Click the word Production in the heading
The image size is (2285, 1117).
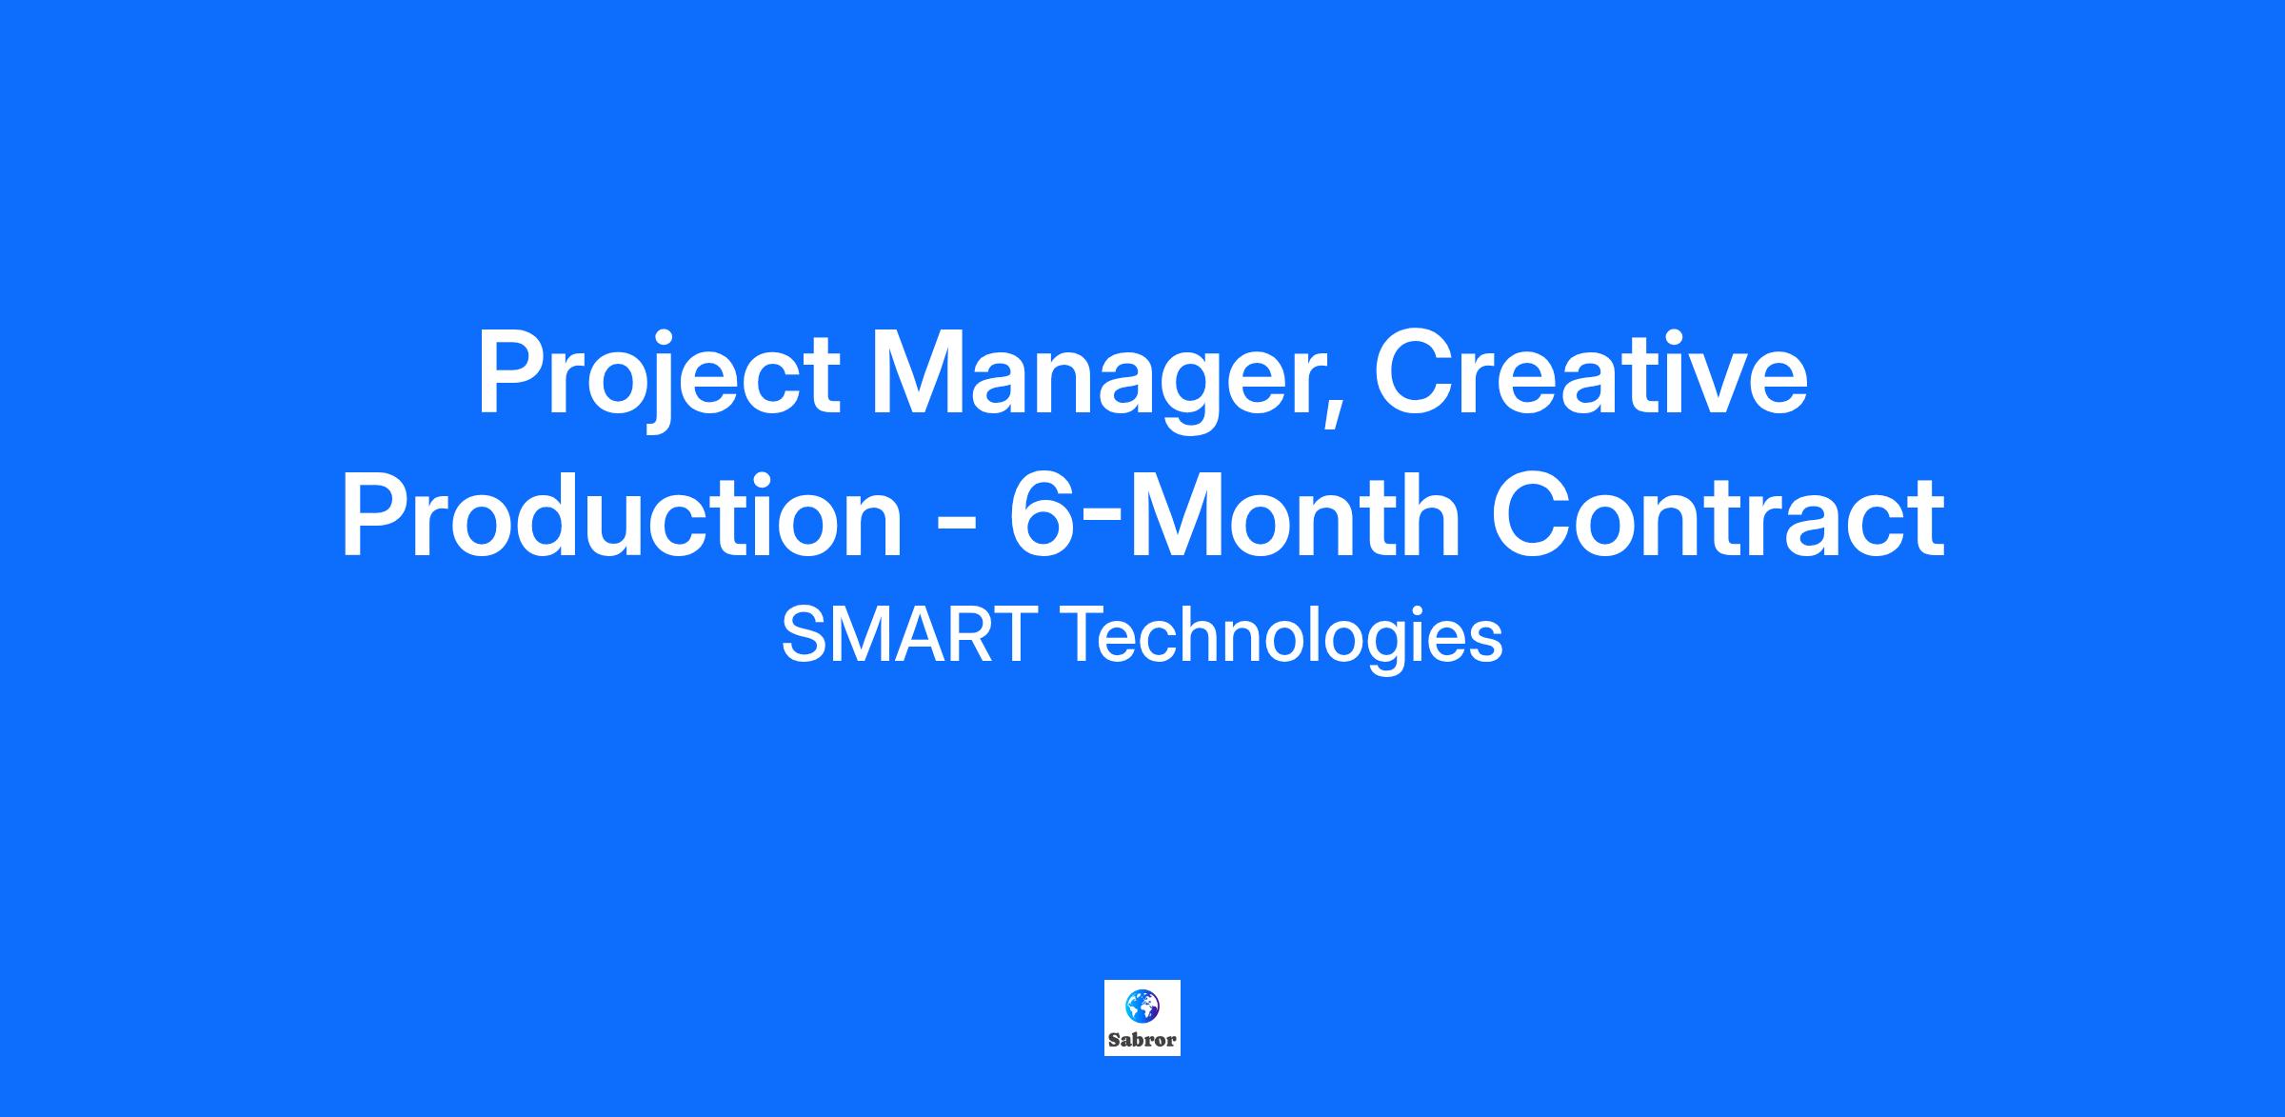click(x=622, y=515)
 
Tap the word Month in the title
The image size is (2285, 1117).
click(x=1295, y=515)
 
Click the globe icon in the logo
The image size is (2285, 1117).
click(x=1142, y=1005)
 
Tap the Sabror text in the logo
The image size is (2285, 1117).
click(x=1142, y=1040)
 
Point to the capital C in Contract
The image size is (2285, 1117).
click(x=1532, y=515)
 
